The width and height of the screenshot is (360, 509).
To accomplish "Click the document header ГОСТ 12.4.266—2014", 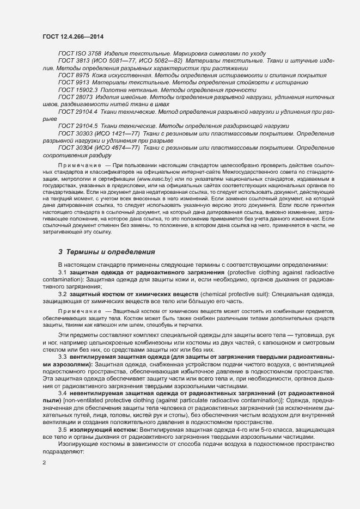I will [72, 36].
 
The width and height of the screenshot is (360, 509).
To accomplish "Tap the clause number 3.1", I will [63, 272].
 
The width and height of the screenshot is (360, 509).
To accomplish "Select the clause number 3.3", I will [63, 356].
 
